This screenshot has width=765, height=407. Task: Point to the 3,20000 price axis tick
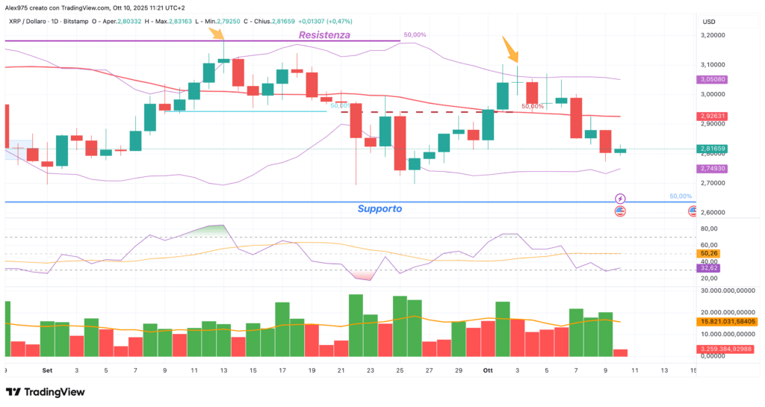714,35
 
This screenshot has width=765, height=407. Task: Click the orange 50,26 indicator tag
709,254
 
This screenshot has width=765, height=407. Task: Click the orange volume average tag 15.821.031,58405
728,321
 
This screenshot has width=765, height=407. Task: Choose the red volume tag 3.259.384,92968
728,349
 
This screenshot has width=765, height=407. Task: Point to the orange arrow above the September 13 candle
217,33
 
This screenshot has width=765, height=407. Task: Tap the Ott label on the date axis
488,370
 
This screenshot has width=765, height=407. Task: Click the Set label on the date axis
47,370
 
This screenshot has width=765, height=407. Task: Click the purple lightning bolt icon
620,198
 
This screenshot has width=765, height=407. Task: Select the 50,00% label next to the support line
681,196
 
